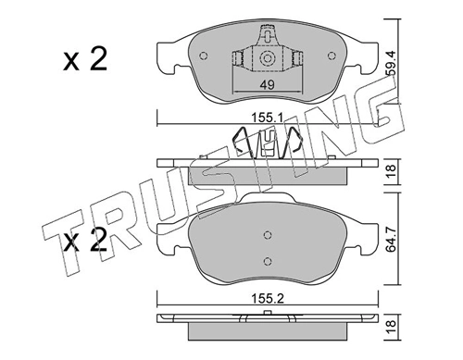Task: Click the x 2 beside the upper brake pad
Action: point(84,61)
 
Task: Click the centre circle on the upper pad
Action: point(268,59)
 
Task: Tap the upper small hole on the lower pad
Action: point(268,233)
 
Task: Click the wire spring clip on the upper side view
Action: point(268,143)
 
